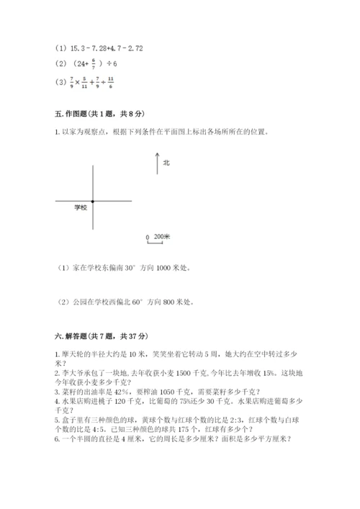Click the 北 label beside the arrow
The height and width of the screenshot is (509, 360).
(166, 163)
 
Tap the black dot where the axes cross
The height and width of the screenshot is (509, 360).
(93, 201)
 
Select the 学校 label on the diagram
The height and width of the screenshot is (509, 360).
(81, 207)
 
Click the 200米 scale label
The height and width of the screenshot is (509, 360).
(162, 236)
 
